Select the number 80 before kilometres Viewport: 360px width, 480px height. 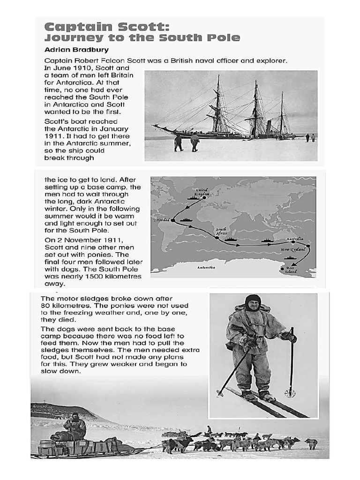pos(45,306)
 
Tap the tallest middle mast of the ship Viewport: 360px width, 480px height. pos(255,108)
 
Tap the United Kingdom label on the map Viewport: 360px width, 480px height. pos(202,192)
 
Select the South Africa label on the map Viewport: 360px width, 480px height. pos(221,231)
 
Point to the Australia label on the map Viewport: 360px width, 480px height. pos(295,239)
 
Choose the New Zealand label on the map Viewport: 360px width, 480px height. pos(293,250)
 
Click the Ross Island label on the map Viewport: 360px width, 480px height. pos(291,270)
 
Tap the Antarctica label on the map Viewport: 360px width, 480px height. pos(206,267)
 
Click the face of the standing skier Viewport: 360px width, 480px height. pos(253,305)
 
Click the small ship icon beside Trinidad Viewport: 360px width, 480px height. pos(187,219)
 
